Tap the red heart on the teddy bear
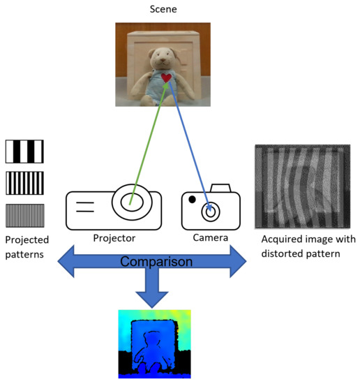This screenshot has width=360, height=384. tap(167, 78)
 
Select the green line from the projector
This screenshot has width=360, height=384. tap(148, 140)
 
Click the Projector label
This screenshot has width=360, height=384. tap(114, 238)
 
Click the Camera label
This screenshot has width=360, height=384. tap(210, 238)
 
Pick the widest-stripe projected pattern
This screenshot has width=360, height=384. tap(24, 151)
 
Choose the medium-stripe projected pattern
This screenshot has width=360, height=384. tap(24, 183)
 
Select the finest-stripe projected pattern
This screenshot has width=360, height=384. tap(24, 216)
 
